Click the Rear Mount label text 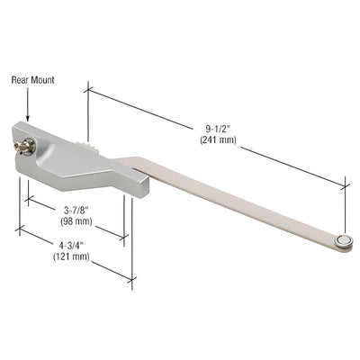click(x=32, y=80)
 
